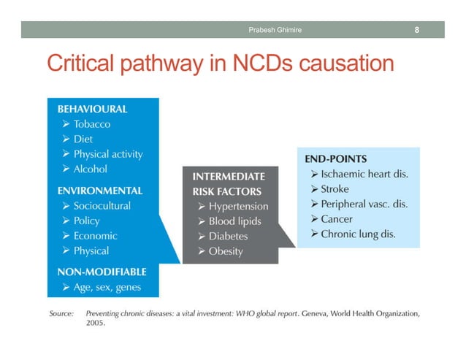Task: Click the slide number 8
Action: click(x=416, y=30)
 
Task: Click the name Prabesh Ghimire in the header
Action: click(x=275, y=30)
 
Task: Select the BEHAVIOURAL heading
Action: click(x=92, y=109)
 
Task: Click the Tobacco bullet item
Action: click(x=92, y=124)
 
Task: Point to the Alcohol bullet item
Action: click(x=90, y=169)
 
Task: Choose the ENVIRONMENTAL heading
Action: click(x=100, y=190)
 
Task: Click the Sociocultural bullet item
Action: click(x=102, y=205)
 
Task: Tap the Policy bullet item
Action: click(x=86, y=221)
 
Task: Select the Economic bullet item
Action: click(x=95, y=236)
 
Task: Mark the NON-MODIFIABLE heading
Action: click(x=102, y=272)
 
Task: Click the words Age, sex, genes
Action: click(x=107, y=287)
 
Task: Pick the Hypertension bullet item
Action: click(x=238, y=206)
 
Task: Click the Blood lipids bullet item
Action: click(x=234, y=221)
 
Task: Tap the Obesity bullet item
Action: click(x=226, y=252)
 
